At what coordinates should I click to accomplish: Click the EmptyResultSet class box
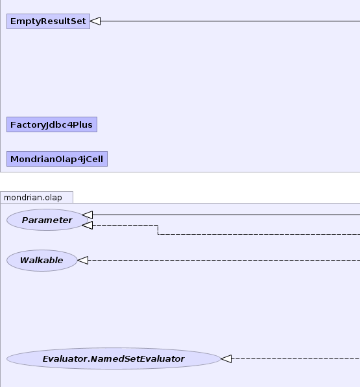[x=48, y=21]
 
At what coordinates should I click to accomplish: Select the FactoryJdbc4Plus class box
[x=52, y=124]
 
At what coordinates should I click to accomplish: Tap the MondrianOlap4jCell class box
[x=57, y=159]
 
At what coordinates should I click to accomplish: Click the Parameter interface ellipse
[x=47, y=220]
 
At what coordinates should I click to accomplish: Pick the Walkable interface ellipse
[x=42, y=261]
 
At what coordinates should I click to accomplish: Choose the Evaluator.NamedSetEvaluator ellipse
[x=114, y=358]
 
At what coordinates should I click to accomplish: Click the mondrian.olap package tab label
[x=33, y=198]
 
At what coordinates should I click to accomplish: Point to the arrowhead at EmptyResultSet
[x=95, y=21]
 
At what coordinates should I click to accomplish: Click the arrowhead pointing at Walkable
[x=83, y=261]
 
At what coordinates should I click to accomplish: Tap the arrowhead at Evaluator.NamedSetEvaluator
[x=226, y=358]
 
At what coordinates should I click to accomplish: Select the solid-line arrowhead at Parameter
[x=88, y=215]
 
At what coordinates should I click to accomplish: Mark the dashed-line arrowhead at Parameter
[x=88, y=226]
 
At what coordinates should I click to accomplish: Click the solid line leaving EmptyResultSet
[x=230, y=21]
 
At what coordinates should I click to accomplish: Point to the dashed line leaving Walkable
[x=224, y=261]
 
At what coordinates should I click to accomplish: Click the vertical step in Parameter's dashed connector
[x=158, y=229]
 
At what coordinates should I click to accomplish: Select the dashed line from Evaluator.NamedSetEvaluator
[x=296, y=358]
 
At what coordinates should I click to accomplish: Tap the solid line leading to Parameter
[x=226, y=215]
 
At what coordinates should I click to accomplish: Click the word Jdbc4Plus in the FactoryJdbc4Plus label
[x=69, y=125]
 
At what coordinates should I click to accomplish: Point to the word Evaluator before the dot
[x=66, y=359]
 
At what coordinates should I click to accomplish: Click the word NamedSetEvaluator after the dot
[x=138, y=359]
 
